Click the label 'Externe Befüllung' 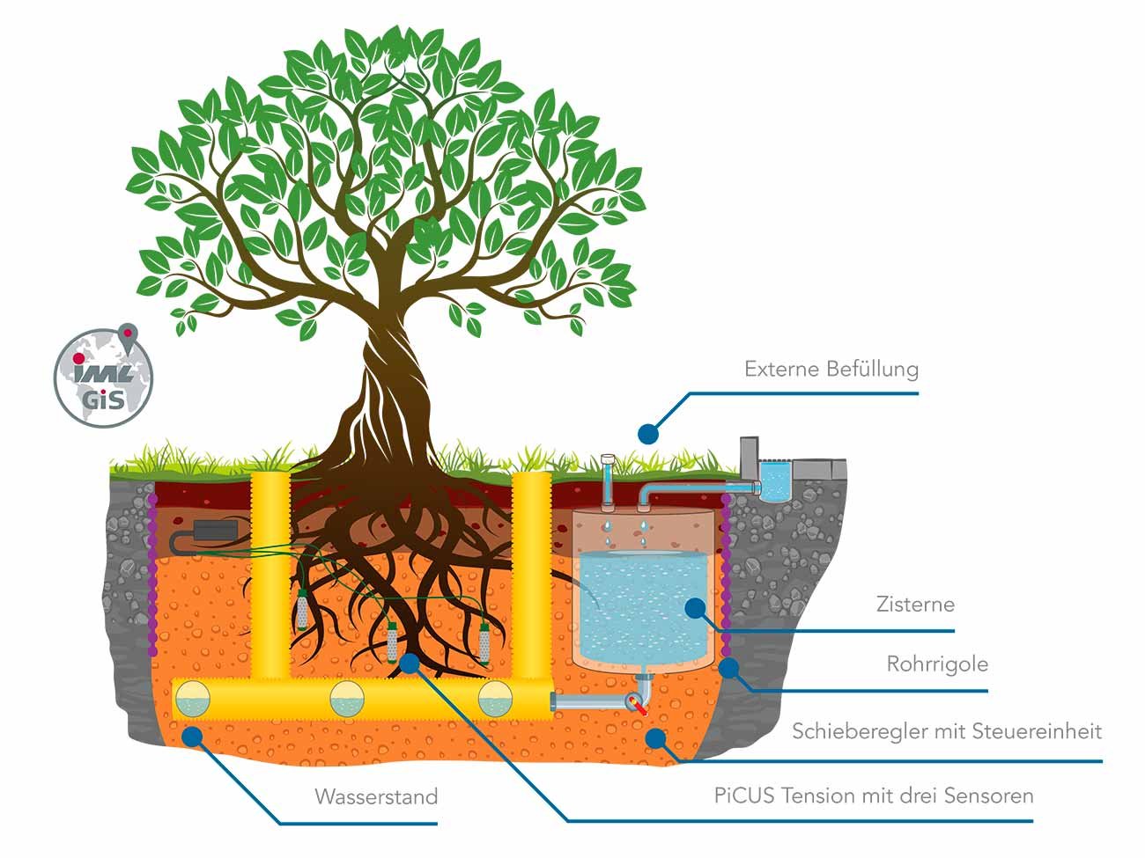pyautogui.click(x=831, y=369)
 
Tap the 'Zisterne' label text pyautogui.click(x=915, y=605)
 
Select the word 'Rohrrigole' pyautogui.click(x=937, y=664)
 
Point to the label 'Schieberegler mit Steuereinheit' pyautogui.click(x=947, y=731)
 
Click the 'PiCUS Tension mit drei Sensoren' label pyautogui.click(x=874, y=796)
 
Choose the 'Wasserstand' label pyautogui.click(x=376, y=797)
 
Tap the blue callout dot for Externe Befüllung pyautogui.click(x=648, y=433)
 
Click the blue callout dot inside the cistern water pyautogui.click(x=696, y=607)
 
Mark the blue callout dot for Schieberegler pyautogui.click(x=654, y=737)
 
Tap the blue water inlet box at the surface pyautogui.click(x=775, y=480)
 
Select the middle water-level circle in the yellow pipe pyautogui.click(x=347, y=700)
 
